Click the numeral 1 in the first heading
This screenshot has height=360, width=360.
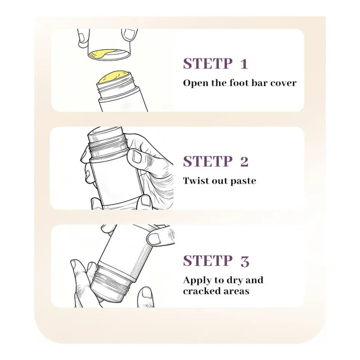point(244,64)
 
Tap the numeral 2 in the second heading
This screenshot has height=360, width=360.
point(244,162)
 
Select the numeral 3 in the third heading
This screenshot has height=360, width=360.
point(245,261)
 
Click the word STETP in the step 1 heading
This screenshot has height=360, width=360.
point(208,63)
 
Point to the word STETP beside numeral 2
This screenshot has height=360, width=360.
point(208,162)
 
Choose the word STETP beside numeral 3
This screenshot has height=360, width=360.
point(208,261)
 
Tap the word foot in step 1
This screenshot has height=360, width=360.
point(239,83)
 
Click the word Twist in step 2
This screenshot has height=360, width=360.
point(196,181)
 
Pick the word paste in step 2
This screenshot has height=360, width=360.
point(243,181)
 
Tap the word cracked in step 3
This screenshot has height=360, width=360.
point(199,291)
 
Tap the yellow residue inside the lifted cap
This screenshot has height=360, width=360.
point(98,54)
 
